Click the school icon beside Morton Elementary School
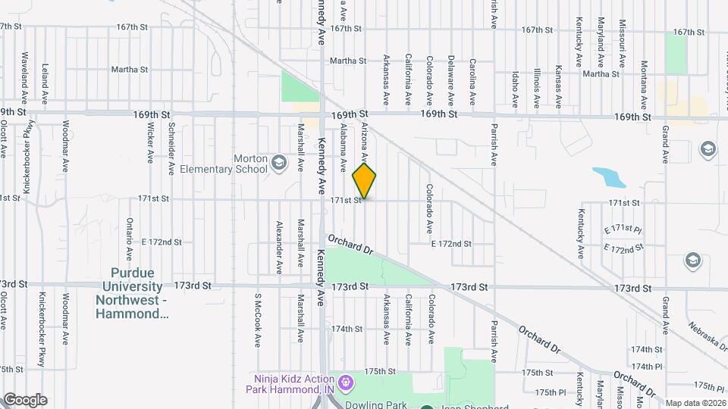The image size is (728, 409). pos(278,162)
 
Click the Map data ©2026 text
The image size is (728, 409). pos(695,402)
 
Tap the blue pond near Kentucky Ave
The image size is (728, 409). pos(610,177)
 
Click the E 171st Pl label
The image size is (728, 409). pos(623,229)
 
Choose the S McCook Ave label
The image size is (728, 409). pos(258,320)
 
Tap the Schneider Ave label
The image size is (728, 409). pos(172,139)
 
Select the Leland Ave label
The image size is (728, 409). pos(45,83)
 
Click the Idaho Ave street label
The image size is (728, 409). pos(515,89)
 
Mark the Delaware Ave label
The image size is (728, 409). pos(450,80)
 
